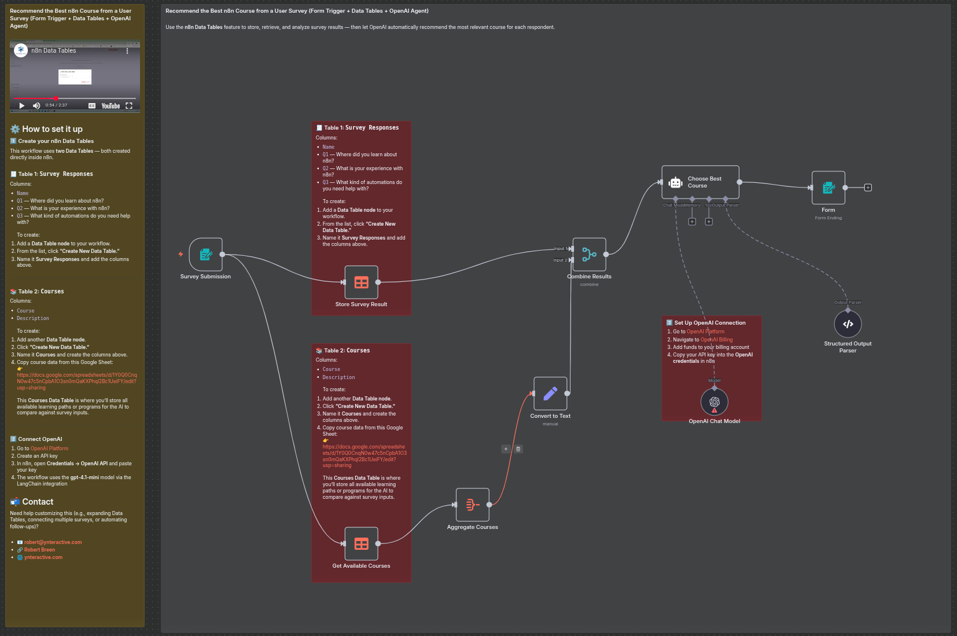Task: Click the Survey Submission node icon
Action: click(205, 255)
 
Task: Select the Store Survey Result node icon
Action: click(362, 282)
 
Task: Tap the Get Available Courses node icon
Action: click(362, 543)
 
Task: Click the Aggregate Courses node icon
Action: click(472, 505)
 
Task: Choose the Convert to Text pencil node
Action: click(550, 394)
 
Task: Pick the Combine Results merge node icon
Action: click(589, 255)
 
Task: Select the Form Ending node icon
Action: click(828, 188)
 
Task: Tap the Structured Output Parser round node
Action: click(848, 324)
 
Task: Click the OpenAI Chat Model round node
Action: click(714, 402)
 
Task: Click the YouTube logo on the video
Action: click(111, 106)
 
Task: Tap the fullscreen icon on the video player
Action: click(129, 106)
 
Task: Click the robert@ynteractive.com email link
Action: click(53, 542)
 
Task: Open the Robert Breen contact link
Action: click(39, 550)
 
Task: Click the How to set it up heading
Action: click(52, 129)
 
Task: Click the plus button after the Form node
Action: click(868, 188)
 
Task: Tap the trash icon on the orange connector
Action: click(518, 449)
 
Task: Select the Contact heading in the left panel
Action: click(38, 502)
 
